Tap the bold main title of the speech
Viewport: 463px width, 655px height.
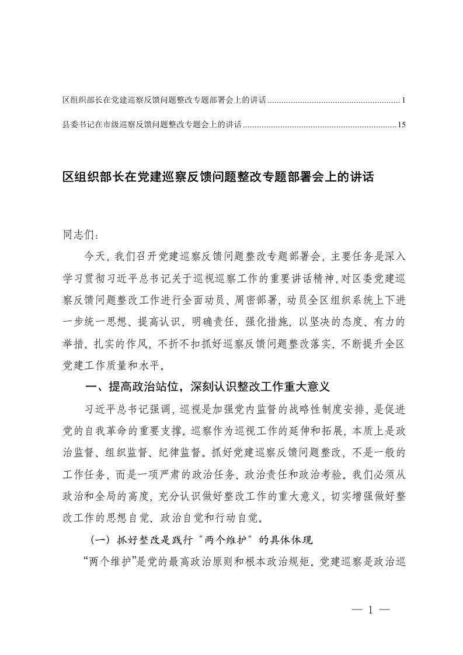[x=217, y=177]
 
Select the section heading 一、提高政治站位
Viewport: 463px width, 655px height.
[x=208, y=386]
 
